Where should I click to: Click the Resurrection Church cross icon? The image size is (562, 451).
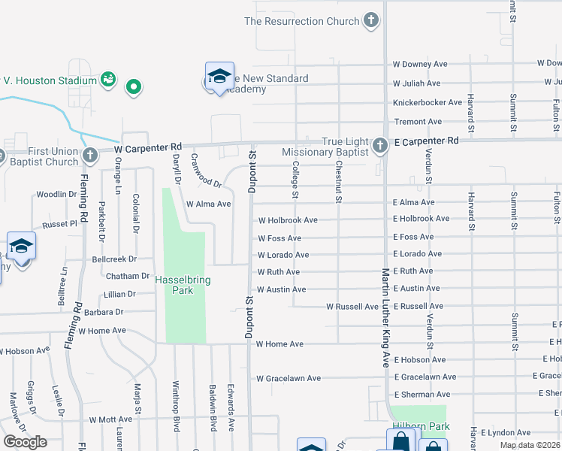coord(371,21)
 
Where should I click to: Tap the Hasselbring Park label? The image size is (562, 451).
coord(183,286)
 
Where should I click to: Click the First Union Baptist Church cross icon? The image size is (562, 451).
coord(90,156)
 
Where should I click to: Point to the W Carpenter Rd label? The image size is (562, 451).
coord(149,149)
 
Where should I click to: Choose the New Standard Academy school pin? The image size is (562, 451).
coord(219,77)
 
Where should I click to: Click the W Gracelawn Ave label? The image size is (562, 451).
coord(289,378)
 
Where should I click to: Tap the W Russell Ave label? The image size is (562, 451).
coord(352,307)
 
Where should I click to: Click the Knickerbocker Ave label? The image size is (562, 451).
coord(427,102)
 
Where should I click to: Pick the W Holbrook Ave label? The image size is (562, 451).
coord(288,220)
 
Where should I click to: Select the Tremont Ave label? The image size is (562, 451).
coord(418,121)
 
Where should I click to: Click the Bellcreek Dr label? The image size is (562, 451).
coord(110,258)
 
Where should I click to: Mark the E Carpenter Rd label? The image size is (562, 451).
coord(426,141)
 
